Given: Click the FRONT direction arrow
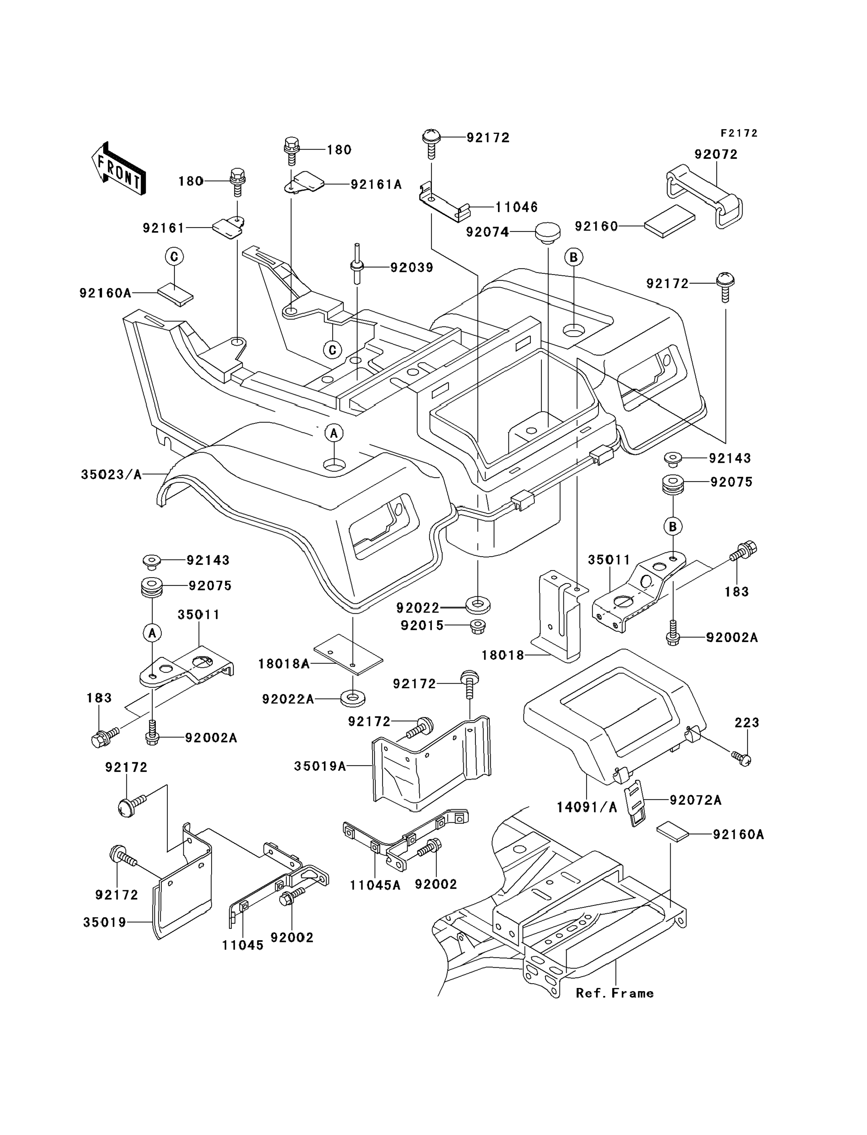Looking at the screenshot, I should click(118, 169).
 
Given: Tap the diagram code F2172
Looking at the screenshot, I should click(739, 133).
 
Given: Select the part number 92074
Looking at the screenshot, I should click(487, 232).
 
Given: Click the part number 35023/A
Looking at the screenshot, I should click(111, 475).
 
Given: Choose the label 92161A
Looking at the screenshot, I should click(376, 184).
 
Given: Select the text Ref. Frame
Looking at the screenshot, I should click(615, 993).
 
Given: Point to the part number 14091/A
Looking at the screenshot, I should click(587, 807).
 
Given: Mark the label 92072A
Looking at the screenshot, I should click(695, 800).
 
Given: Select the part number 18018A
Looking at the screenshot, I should click(284, 664).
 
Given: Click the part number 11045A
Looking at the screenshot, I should click(375, 885).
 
